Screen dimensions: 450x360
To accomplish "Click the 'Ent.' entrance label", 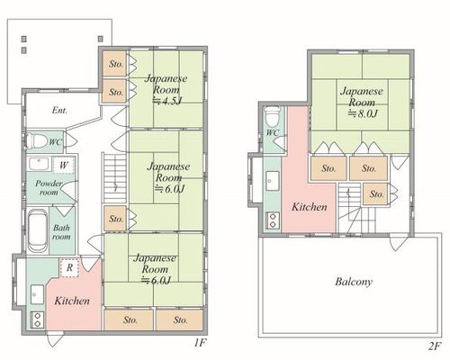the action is click(x=59, y=111).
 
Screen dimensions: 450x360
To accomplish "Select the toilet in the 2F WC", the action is click(x=273, y=117).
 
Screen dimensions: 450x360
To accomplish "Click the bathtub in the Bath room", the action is click(x=38, y=231).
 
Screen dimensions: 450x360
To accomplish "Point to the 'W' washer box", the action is click(x=63, y=165).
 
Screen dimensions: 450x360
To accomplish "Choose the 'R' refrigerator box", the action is click(x=69, y=267).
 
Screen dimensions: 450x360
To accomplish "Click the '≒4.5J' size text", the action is click(x=167, y=101).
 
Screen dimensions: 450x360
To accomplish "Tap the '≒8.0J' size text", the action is click(x=363, y=113).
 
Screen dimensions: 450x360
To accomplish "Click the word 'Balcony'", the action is click(x=354, y=282).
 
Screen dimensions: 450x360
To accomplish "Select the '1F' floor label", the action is click(x=200, y=343).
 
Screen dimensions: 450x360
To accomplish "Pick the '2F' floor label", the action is click(x=434, y=346).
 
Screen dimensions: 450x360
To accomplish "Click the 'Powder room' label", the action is click(x=49, y=188).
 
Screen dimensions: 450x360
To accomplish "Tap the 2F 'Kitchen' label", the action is click(x=310, y=207).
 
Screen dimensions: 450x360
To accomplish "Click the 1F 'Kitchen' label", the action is click(x=72, y=301).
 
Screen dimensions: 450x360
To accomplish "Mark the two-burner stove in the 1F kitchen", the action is click(x=38, y=319).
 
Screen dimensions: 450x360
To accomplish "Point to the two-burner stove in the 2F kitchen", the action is click(x=273, y=220).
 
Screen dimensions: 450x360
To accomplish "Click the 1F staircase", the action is click(x=115, y=178).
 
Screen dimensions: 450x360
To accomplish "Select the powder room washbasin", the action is click(x=39, y=164).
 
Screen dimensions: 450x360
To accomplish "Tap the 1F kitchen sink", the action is click(x=37, y=294).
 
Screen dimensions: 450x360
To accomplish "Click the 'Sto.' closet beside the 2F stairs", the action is click(x=376, y=194).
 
